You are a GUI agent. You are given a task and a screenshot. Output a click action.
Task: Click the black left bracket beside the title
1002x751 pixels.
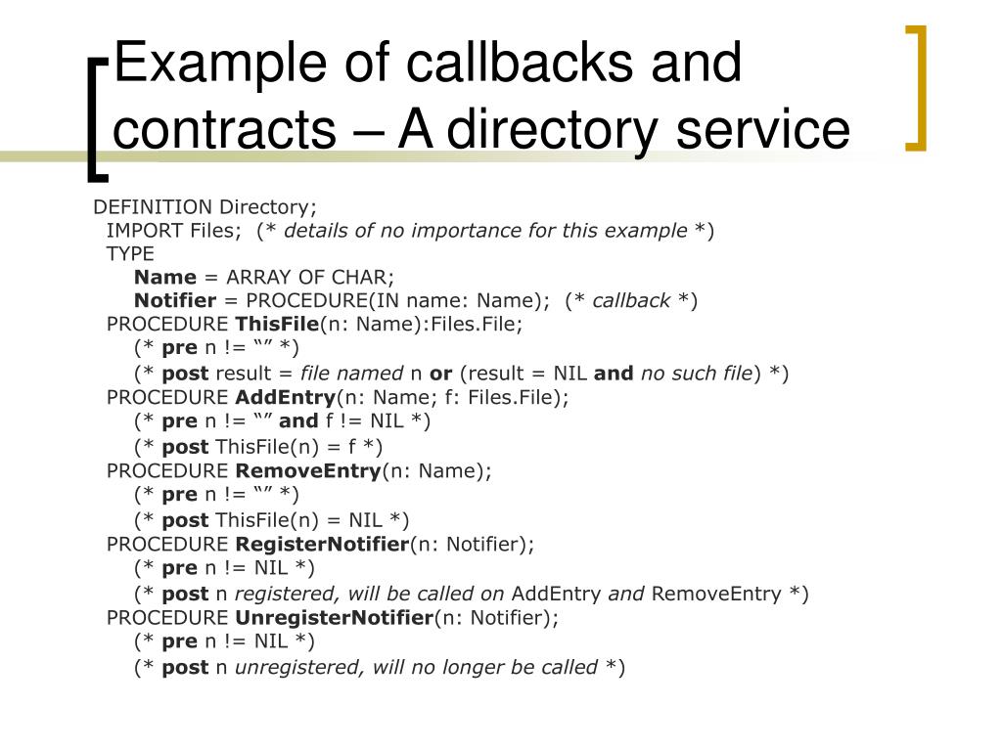tap(96, 117)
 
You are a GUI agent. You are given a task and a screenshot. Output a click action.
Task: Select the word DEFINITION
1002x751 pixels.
tap(153, 207)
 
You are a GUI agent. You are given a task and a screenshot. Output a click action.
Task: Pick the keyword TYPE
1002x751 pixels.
tap(130, 254)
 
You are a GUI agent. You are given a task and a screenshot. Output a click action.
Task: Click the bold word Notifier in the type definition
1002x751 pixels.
tap(174, 301)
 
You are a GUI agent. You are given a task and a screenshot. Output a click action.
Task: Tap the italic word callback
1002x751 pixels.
tap(631, 301)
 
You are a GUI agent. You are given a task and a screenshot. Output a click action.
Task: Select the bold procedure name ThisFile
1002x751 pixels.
tap(277, 325)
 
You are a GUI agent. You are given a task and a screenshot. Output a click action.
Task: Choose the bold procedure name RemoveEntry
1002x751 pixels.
tap(308, 471)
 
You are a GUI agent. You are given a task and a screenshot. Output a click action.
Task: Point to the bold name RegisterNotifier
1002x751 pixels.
tap(322, 544)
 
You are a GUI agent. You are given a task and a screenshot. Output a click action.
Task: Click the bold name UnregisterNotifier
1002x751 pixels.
tap(334, 618)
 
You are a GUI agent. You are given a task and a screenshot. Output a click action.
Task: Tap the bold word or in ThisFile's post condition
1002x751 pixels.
tap(440, 373)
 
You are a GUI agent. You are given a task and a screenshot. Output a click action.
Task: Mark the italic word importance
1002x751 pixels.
tap(466, 231)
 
